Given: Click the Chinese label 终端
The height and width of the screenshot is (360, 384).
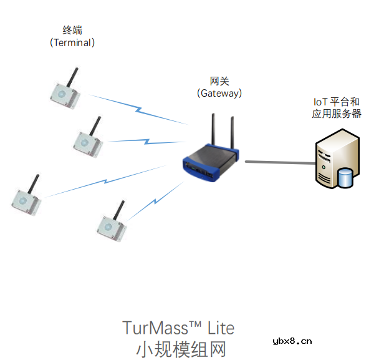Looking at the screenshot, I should pos(72,30).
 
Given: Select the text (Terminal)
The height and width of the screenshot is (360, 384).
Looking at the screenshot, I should pos(72,42).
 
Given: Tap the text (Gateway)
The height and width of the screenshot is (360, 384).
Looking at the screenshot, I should pos(219,93).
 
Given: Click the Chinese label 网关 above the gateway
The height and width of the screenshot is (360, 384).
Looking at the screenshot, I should pos(219,80).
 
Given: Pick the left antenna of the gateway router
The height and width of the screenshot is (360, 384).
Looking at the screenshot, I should pos(213,132).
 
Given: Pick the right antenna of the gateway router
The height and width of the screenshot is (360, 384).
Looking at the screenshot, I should pos(233,133).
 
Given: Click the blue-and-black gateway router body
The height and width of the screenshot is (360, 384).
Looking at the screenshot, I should pos(211,162).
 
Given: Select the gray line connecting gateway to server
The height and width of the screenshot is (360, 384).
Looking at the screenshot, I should pos(279,163).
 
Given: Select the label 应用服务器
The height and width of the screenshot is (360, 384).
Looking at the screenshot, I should pos(337,114).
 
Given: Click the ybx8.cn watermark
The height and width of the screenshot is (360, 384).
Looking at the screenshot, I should pos(292,341).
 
